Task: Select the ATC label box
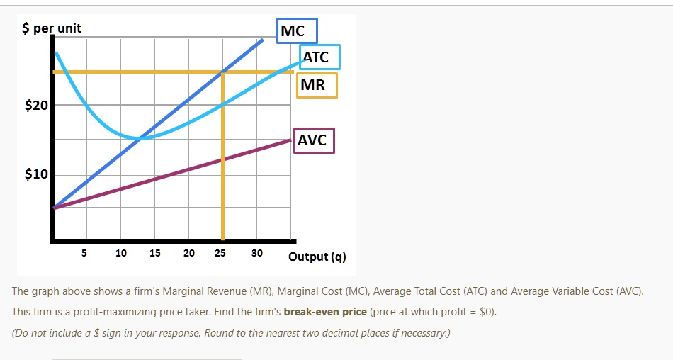point(319,57)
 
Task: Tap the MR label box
point(316,86)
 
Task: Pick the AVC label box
point(312,140)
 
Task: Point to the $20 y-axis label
point(36,106)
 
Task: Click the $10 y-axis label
point(36,175)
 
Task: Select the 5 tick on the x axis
point(84,253)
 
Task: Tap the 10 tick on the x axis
point(121,253)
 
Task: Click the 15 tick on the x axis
point(155,253)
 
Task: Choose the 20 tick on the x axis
point(189,253)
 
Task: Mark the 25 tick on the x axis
point(221,253)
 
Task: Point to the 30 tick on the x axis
point(256,253)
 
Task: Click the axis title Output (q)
point(317,257)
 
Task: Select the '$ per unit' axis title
point(52,28)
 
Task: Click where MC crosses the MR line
point(223,72)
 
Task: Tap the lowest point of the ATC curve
point(143,137)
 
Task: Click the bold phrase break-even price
point(325,312)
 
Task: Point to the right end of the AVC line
point(290,140)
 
